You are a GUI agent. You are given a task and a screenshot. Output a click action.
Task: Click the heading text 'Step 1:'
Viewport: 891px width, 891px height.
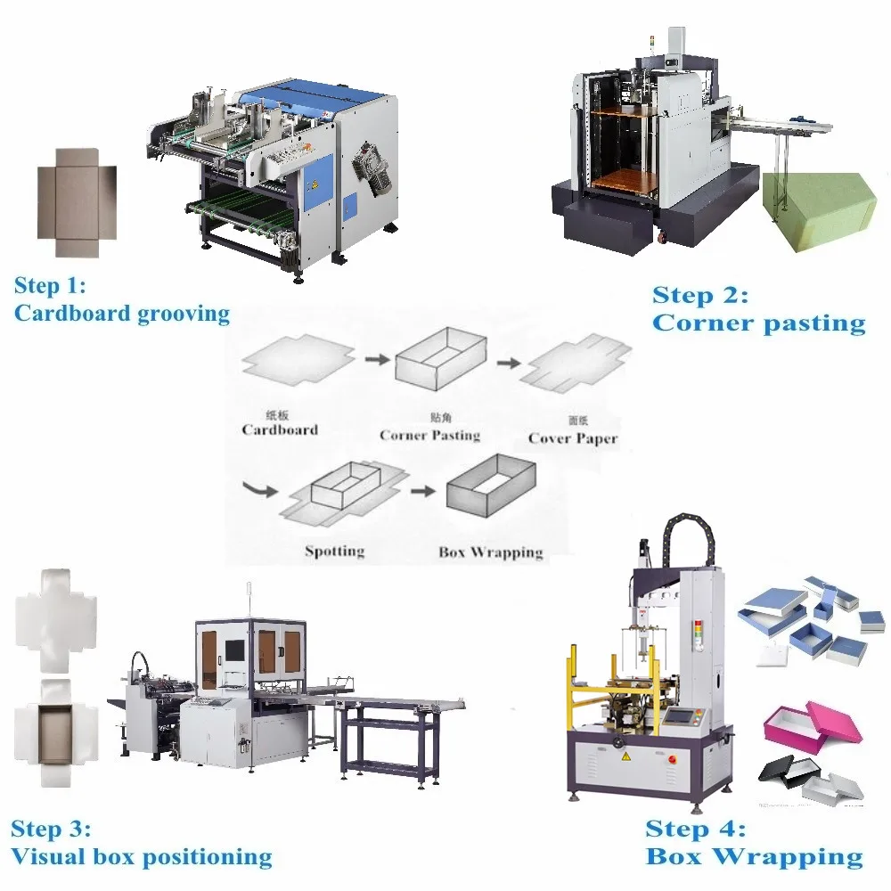[x=51, y=286]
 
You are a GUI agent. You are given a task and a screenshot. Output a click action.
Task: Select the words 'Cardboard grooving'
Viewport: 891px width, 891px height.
[x=121, y=314]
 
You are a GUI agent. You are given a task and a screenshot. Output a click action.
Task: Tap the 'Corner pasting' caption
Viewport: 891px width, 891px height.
[x=758, y=323]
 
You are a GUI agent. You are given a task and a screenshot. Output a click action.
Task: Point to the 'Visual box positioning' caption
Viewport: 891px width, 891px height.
[x=141, y=857]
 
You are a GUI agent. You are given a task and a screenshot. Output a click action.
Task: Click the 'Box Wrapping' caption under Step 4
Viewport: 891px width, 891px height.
[x=754, y=857]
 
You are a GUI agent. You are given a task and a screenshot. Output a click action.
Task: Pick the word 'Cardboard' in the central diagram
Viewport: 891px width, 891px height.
[x=280, y=429]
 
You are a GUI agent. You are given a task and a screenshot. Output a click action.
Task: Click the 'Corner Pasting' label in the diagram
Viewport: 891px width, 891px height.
[x=429, y=435]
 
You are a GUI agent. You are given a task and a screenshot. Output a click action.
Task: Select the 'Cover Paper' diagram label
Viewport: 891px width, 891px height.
[x=572, y=437]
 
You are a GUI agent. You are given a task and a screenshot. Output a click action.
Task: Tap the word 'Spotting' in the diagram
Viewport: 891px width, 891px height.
[x=334, y=551]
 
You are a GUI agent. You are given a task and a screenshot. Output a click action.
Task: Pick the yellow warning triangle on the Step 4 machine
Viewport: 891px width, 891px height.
[x=625, y=756]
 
